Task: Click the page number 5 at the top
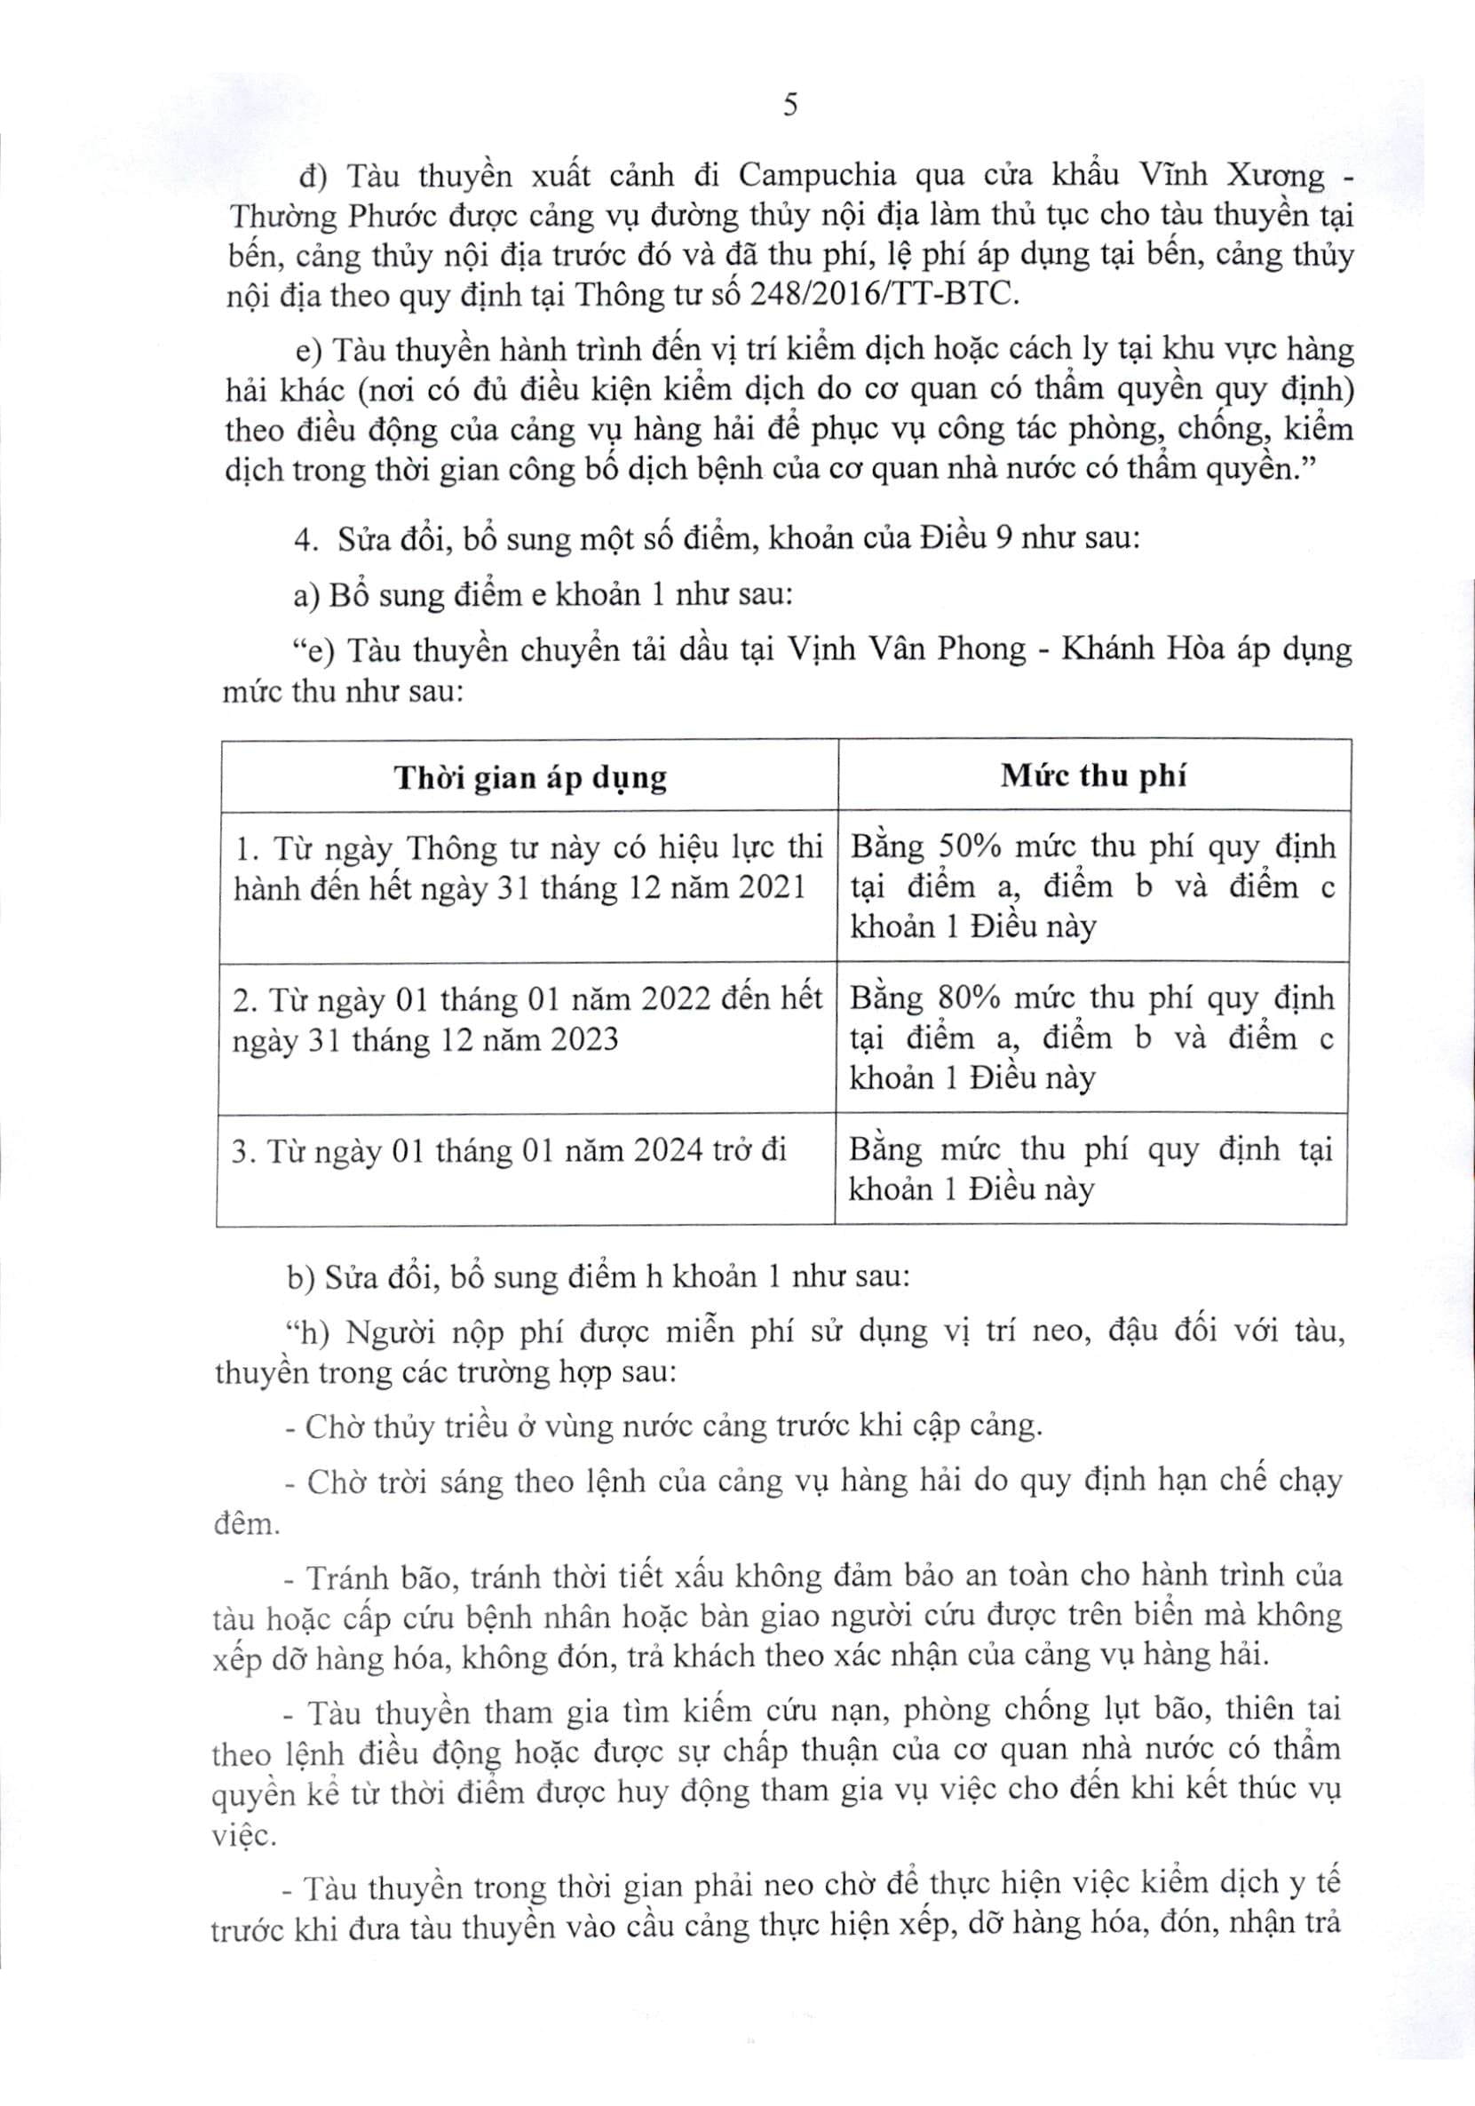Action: (x=789, y=106)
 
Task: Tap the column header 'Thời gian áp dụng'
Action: (x=530, y=778)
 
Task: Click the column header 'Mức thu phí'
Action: (x=1092, y=776)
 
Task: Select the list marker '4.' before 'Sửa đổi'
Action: (x=305, y=539)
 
